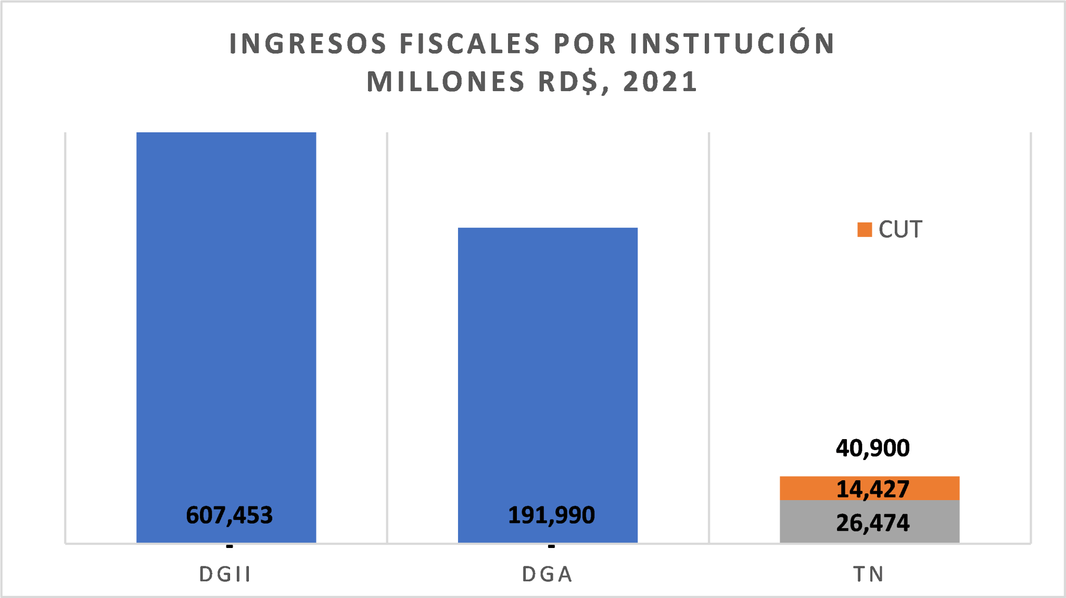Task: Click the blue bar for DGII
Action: coord(226,313)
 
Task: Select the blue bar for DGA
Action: coord(548,365)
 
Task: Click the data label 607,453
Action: coord(229,515)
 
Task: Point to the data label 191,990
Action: coord(551,515)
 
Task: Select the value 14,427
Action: coord(872,489)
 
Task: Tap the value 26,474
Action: coord(872,523)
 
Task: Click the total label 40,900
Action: coord(872,448)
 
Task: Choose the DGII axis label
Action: coord(225,574)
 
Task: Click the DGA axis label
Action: coord(548,574)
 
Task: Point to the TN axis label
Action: coord(869,574)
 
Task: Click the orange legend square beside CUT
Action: coord(865,230)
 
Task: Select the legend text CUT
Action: coord(900,230)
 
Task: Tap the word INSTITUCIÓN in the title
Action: coord(732,43)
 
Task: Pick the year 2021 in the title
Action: coord(660,82)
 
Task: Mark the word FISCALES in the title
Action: coord(470,43)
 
